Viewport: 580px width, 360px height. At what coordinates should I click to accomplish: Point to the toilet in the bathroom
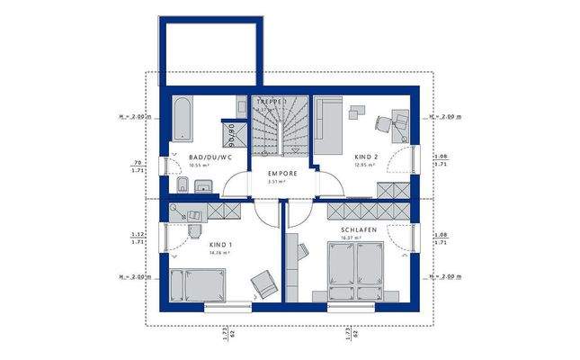coord(182,187)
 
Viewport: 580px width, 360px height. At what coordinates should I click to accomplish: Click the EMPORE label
coord(282,172)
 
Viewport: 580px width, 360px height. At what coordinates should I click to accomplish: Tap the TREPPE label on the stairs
coord(272,103)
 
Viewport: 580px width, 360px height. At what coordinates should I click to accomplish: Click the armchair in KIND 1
coord(263,285)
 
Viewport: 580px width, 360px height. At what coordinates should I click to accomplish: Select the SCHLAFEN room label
coord(357,231)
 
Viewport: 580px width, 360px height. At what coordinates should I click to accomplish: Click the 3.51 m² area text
coord(279,181)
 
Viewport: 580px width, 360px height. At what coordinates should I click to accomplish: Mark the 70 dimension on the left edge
coord(136,162)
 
